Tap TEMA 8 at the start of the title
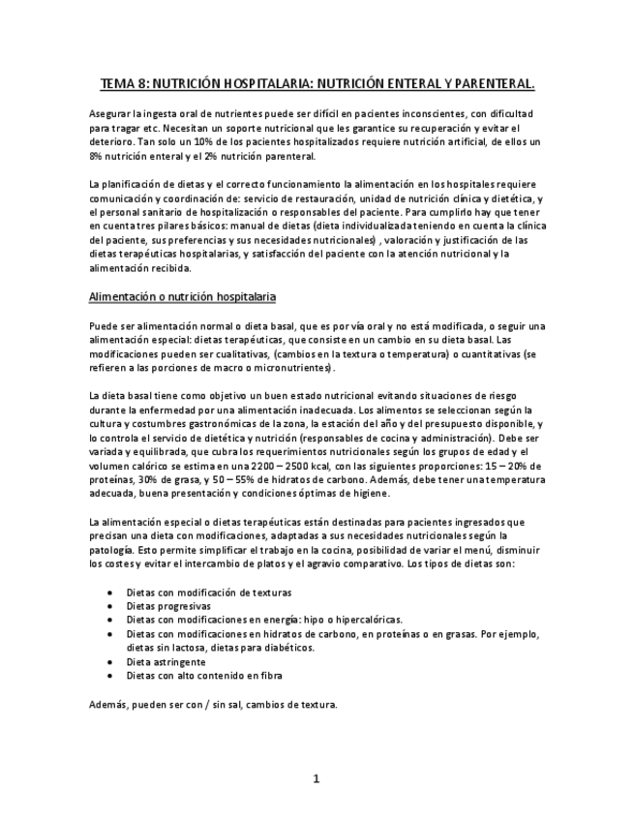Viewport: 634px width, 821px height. coord(123,84)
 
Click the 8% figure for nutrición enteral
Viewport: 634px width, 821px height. coord(95,156)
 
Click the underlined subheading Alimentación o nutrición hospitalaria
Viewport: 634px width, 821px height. coord(183,296)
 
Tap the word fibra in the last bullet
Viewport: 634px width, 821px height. coord(270,676)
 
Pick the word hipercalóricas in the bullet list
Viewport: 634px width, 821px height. coord(365,620)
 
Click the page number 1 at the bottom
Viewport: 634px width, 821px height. coord(316,778)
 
